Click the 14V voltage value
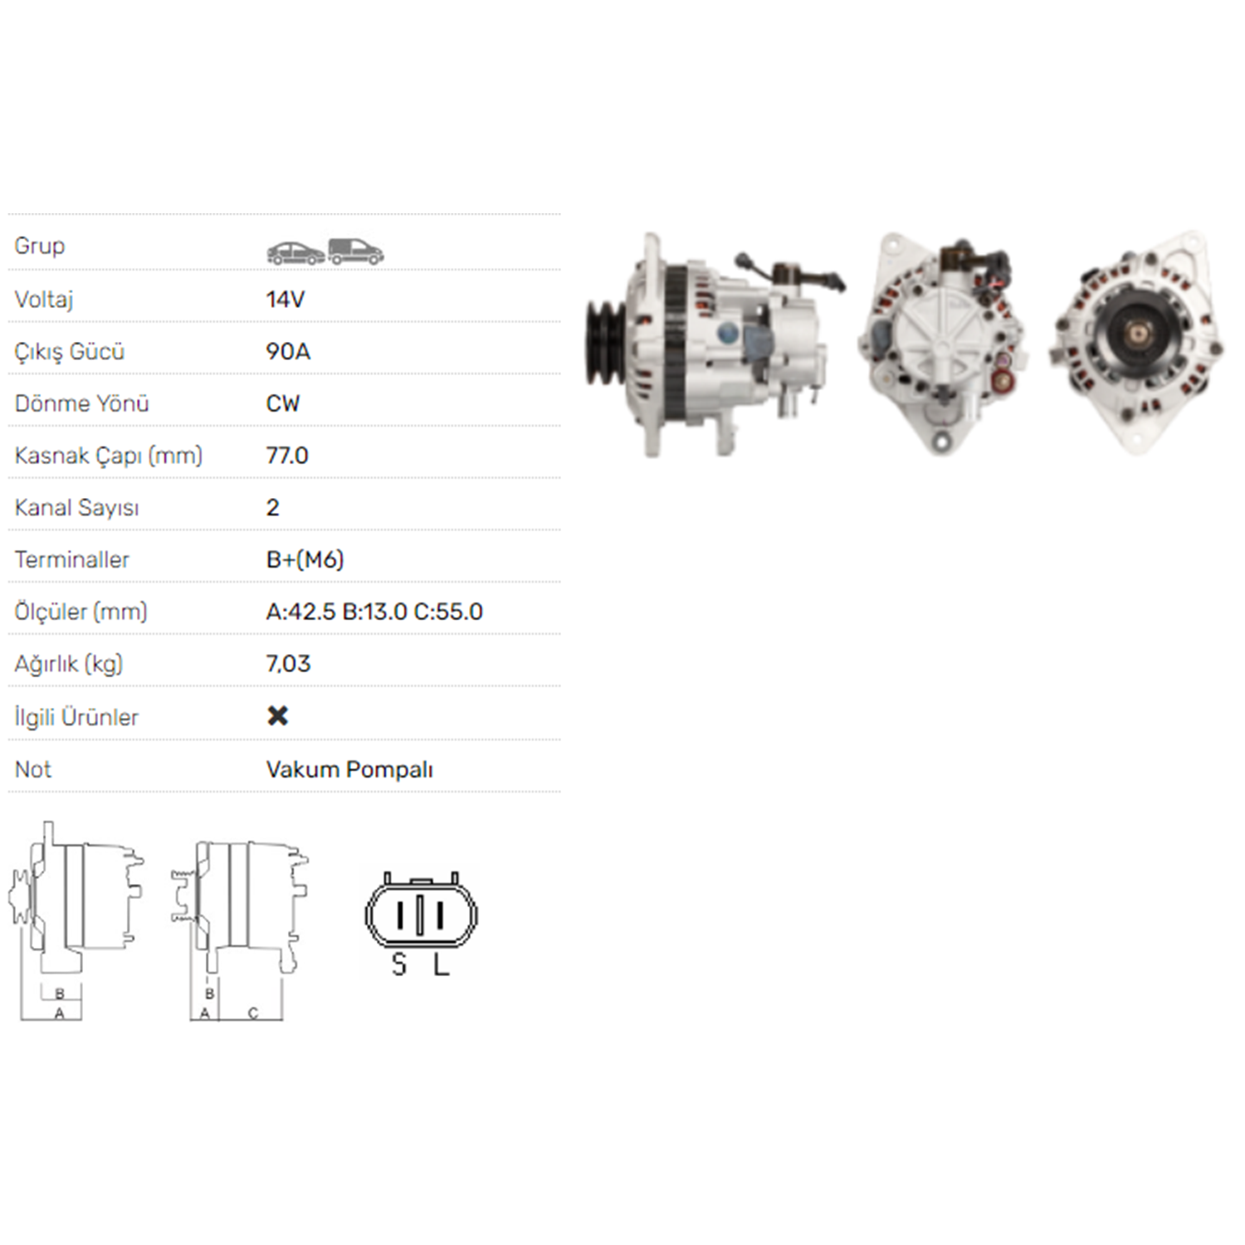coord(285,300)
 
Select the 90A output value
coord(288,352)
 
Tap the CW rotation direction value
coord(283,404)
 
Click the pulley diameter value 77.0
coord(287,456)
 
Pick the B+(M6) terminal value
coord(305,560)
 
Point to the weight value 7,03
coord(288,664)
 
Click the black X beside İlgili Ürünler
coord(278,715)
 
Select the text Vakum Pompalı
coord(349,770)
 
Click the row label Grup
coord(40,247)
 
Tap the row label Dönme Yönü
coord(82,403)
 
